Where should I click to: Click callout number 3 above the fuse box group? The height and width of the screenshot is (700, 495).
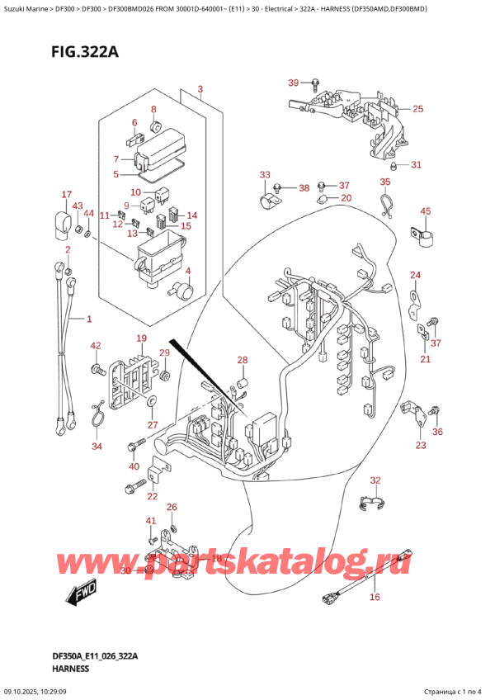(200, 89)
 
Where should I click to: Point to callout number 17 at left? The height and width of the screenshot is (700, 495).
(67, 195)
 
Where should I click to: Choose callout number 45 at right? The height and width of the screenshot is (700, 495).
(426, 212)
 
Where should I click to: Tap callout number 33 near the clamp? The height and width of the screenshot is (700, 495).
(264, 174)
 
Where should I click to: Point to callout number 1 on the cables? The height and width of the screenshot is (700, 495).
(90, 319)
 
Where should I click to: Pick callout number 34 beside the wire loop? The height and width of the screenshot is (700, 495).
(97, 447)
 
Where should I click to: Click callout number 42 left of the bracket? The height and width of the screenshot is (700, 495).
(96, 346)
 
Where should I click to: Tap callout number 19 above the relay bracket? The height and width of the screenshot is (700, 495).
(141, 338)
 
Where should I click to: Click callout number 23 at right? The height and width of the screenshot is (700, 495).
(421, 445)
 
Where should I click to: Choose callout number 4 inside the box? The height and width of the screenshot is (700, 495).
(188, 272)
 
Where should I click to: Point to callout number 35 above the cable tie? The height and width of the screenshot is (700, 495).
(384, 182)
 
